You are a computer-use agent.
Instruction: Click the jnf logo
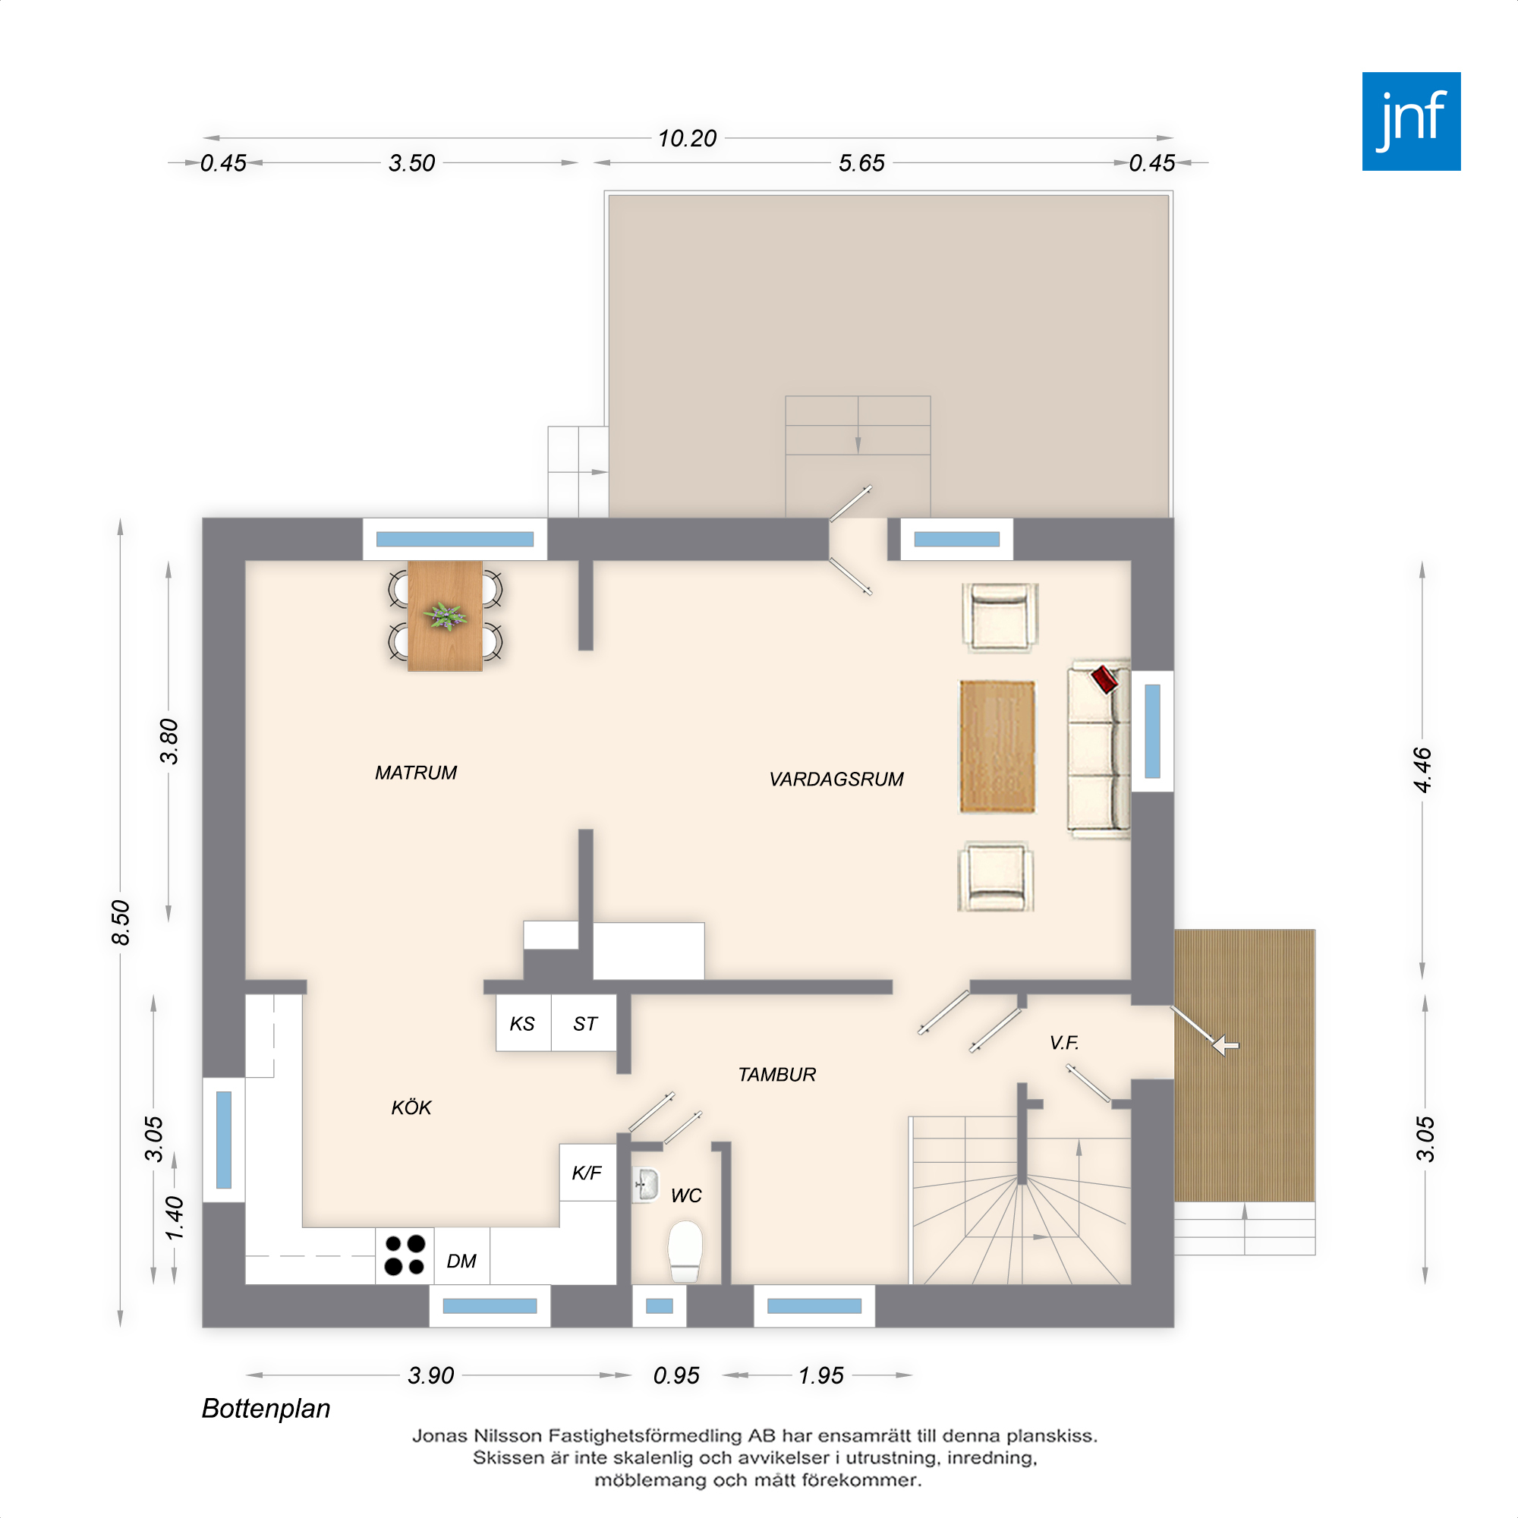click(1411, 121)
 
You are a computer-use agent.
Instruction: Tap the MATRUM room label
click(416, 773)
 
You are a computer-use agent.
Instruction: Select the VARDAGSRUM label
click(836, 779)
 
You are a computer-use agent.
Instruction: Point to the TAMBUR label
click(777, 1075)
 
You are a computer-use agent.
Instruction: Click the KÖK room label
click(411, 1107)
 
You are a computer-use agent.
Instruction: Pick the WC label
click(686, 1196)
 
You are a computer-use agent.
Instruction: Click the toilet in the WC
click(685, 1251)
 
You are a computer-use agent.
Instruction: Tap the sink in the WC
click(645, 1185)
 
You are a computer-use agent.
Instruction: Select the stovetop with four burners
click(405, 1255)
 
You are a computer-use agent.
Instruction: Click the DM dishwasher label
click(461, 1261)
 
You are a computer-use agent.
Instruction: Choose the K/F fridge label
click(587, 1173)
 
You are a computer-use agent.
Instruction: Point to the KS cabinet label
click(521, 1024)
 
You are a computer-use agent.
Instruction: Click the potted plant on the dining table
click(445, 616)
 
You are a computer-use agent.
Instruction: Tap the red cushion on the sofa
click(1104, 679)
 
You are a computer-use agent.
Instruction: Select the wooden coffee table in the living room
click(997, 746)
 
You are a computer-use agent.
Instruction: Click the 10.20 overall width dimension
click(688, 139)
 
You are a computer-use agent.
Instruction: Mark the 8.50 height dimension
click(120, 922)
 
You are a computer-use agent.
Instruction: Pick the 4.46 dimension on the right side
click(1422, 770)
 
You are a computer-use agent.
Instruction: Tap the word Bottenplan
click(266, 1409)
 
